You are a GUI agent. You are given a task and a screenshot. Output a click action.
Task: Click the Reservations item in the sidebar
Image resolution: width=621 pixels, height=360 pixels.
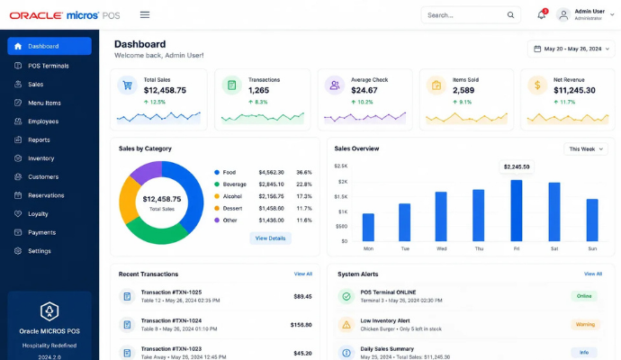(46, 195)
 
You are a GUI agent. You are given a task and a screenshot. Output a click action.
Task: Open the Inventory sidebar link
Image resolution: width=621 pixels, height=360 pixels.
(40, 158)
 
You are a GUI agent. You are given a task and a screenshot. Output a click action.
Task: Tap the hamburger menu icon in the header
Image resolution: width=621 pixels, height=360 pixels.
(145, 15)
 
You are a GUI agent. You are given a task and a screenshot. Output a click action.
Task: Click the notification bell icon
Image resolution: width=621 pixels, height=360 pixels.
(542, 15)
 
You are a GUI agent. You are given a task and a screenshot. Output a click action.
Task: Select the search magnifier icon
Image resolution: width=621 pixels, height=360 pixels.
(510, 15)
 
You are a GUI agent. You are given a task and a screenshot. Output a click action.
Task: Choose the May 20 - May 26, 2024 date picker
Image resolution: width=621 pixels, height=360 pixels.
(571, 49)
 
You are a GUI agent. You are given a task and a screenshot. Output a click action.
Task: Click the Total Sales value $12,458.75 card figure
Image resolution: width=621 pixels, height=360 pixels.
(165, 90)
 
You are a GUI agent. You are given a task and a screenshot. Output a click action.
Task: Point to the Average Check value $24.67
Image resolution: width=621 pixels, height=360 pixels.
(364, 90)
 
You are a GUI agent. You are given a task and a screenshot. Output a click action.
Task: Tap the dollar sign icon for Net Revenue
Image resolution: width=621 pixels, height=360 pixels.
(537, 85)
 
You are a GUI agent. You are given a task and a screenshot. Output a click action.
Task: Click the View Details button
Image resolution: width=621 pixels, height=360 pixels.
(270, 238)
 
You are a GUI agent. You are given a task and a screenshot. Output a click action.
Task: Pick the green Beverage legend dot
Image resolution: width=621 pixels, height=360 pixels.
(217, 184)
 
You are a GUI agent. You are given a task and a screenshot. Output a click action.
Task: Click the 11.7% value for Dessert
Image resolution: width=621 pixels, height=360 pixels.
(304, 208)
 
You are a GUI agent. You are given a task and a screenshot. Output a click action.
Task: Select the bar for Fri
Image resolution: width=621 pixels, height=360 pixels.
(516, 211)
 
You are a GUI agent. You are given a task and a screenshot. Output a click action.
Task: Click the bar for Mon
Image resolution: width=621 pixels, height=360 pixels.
(368, 228)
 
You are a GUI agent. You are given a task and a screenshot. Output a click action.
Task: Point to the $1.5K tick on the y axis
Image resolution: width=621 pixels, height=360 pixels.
(340, 197)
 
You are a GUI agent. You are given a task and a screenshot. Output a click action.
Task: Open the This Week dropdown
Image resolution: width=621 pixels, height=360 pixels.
(586, 148)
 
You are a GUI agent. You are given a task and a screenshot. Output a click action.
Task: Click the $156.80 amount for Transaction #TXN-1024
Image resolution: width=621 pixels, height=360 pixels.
(301, 325)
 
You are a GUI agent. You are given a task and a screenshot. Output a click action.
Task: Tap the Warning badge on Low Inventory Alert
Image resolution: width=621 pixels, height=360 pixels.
(585, 324)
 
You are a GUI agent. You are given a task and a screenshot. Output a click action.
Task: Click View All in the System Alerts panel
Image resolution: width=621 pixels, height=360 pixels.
(593, 274)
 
